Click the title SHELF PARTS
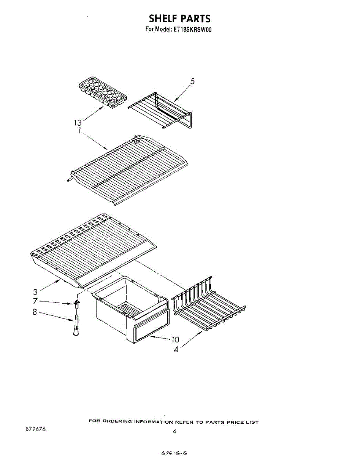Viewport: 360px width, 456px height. coord(179,18)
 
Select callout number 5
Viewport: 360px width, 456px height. coord(192,81)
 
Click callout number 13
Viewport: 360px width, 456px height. coord(78,122)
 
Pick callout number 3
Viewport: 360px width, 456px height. coord(35,292)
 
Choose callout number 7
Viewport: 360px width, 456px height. coord(35,301)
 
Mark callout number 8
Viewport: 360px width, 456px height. coord(35,312)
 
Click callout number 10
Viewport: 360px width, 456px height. coord(175,340)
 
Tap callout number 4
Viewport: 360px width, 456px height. coord(176,349)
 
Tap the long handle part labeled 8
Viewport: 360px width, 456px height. coord(76,325)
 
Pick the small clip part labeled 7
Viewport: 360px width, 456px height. coord(76,303)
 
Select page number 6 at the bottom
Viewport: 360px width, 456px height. coord(174,431)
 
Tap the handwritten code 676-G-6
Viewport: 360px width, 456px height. coord(174,452)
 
